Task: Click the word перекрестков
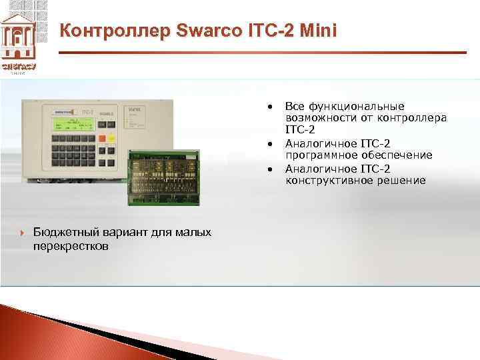point(72,246)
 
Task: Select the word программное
point(317,155)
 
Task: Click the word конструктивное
point(325,181)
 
